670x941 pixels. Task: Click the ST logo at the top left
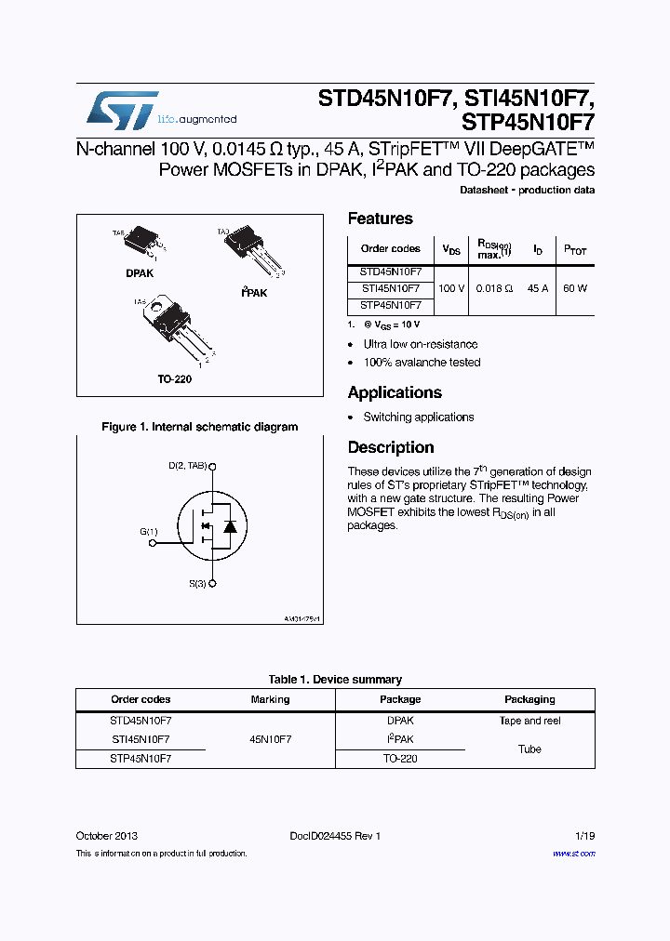click(122, 111)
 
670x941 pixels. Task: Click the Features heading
click(380, 219)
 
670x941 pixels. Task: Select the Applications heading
click(395, 392)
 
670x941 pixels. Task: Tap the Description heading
click(391, 447)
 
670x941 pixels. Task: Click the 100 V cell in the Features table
click(451, 288)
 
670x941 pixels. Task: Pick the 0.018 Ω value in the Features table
click(494, 288)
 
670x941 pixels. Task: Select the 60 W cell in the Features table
click(575, 288)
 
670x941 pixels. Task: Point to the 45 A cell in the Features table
click(537, 288)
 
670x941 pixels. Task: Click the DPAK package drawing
click(141, 240)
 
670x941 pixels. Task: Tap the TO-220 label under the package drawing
click(174, 379)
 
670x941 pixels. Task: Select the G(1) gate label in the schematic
click(149, 531)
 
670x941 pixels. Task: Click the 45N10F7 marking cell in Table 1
click(270, 739)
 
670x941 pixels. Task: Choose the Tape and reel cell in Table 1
click(529, 721)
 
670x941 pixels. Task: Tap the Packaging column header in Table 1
click(529, 699)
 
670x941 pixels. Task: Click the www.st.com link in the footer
click(573, 853)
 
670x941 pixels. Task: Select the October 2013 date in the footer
click(106, 836)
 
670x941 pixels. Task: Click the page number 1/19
click(584, 836)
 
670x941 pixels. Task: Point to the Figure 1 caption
click(199, 427)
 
